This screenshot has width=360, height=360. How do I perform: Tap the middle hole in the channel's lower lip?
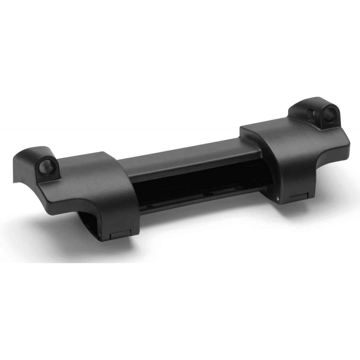[x=206, y=195]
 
